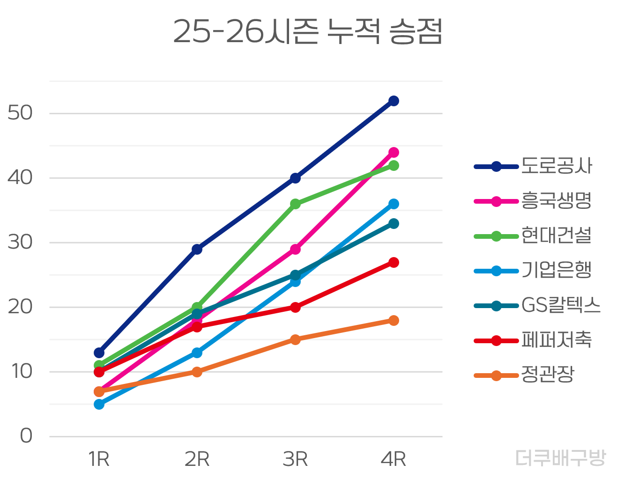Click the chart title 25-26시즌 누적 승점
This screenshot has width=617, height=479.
307,31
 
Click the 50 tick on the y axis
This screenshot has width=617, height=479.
20,113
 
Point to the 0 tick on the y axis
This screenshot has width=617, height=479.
26,436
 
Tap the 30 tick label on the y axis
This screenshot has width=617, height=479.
20,242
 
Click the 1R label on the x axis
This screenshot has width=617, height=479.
99,459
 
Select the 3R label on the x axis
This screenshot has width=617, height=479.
295,459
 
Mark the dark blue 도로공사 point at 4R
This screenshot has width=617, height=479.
394,101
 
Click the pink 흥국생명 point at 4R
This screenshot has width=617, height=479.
394,152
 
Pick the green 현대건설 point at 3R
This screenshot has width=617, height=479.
295,204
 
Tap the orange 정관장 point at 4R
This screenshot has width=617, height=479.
394,320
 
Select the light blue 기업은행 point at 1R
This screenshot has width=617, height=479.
99,404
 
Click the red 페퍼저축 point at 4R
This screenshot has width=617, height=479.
394,262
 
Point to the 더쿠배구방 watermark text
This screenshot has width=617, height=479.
560,458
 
